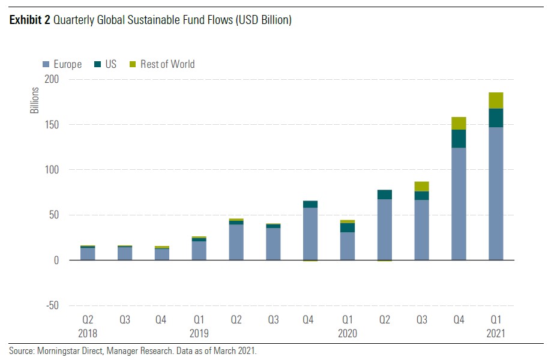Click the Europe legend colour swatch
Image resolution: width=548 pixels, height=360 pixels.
(46, 64)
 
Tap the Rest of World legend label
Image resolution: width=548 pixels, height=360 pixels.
(167, 64)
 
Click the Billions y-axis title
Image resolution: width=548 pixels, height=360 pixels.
(35, 101)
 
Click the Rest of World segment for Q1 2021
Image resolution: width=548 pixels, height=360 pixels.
(496, 100)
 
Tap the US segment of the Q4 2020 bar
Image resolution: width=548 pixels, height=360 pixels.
(459, 139)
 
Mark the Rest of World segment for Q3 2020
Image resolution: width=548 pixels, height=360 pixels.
(421, 186)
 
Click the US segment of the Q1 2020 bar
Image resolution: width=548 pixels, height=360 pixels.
(347, 227)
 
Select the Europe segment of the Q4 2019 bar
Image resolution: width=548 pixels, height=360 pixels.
(310, 234)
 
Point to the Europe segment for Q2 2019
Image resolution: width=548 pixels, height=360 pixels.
(236, 242)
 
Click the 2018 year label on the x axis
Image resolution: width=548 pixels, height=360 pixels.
(88, 333)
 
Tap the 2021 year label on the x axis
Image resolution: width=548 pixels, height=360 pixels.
(496, 333)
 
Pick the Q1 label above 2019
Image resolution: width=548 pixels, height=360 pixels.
(199, 320)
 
